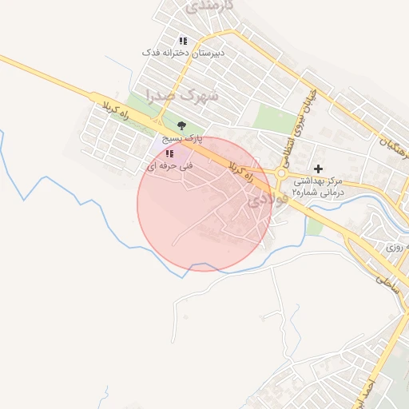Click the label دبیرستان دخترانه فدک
(x=183, y=52)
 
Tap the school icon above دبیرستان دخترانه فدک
(x=183, y=40)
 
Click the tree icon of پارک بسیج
(x=182, y=125)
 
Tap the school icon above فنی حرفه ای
(x=169, y=153)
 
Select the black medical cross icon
(x=319, y=169)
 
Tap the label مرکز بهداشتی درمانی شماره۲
(x=317, y=186)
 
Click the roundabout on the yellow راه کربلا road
(x=281, y=174)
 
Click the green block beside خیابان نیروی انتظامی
(x=269, y=118)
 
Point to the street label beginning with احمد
(x=391, y=391)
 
